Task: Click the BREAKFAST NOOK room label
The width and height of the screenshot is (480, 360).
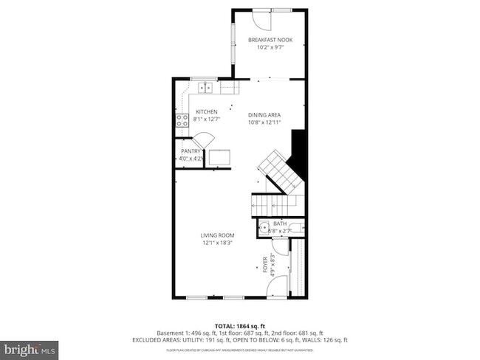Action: pos(269,39)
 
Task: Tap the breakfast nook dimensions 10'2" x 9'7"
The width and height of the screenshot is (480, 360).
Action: pos(269,48)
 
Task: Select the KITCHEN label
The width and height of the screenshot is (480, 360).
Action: pos(206,111)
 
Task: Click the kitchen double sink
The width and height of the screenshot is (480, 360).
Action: pos(205,89)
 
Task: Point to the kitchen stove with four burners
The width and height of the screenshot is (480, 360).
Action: pos(181,121)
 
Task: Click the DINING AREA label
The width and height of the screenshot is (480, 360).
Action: pos(264,114)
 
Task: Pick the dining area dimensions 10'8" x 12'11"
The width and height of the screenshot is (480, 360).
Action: pos(264,122)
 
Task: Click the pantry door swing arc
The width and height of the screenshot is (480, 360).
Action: pos(204,139)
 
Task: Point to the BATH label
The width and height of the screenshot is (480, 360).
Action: pos(279,224)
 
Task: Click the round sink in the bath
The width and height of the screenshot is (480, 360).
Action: pos(264,229)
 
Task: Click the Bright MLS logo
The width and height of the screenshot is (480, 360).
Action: pos(30,347)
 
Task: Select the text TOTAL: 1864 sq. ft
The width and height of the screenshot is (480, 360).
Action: pos(239,325)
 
